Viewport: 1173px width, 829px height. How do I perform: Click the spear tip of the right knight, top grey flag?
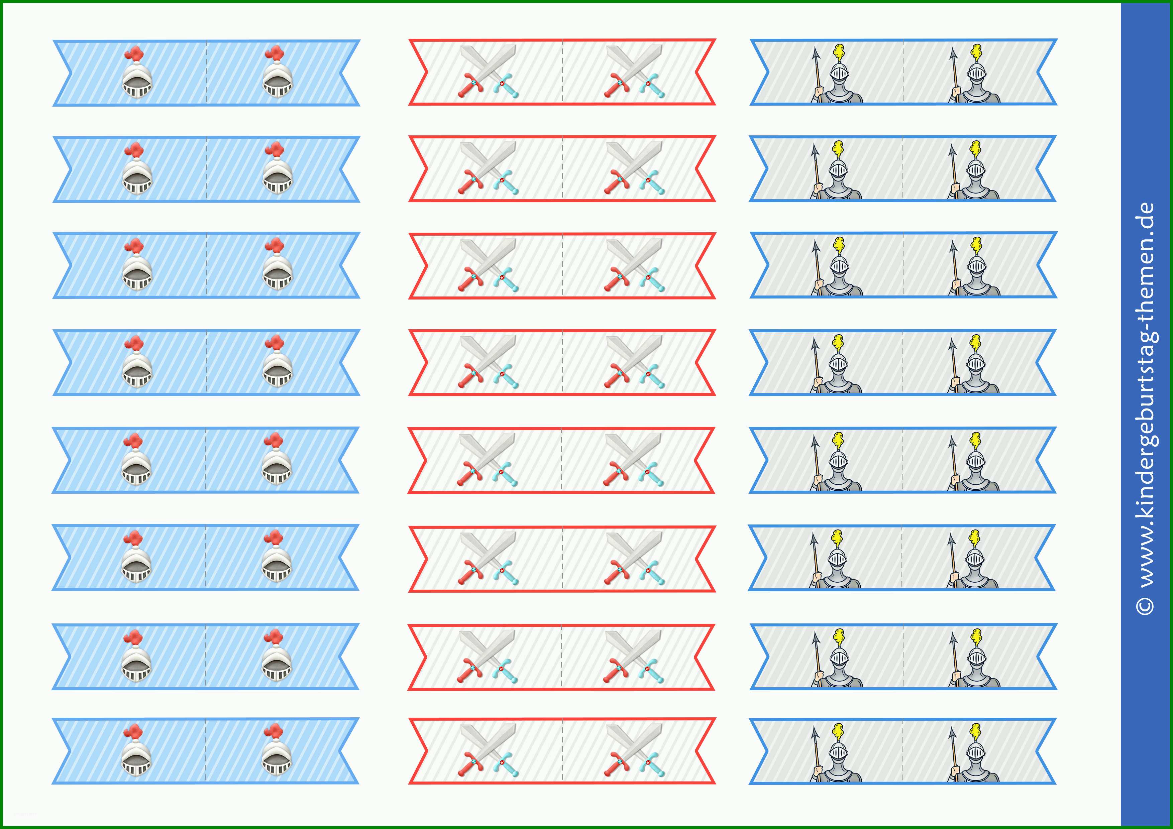pyautogui.click(x=954, y=55)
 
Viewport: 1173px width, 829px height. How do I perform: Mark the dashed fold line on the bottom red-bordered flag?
pyautogui.click(x=562, y=751)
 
